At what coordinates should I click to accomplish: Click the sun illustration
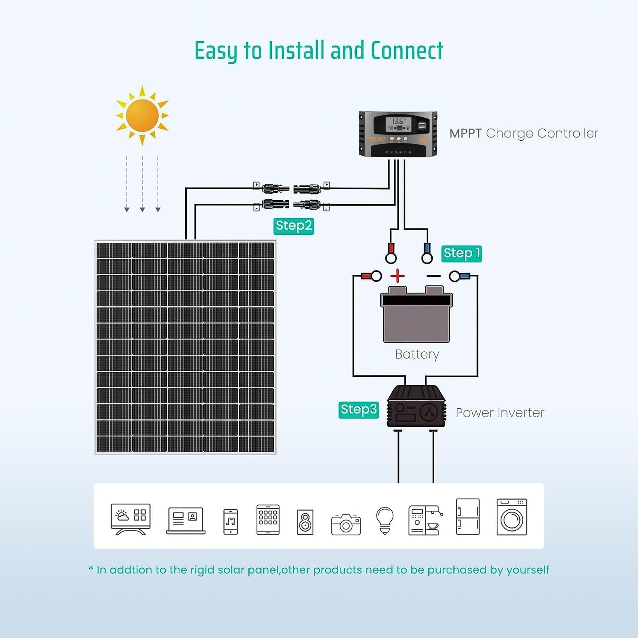(x=142, y=115)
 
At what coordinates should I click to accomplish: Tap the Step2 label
(x=293, y=226)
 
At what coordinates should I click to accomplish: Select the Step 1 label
(x=461, y=253)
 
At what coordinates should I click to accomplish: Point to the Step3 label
(x=359, y=410)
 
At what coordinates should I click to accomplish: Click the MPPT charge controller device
(x=398, y=134)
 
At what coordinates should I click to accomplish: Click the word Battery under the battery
(x=417, y=354)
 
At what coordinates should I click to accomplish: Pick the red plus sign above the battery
(x=398, y=276)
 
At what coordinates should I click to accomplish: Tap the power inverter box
(x=416, y=407)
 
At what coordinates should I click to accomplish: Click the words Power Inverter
(x=500, y=413)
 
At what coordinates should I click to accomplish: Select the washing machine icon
(x=512, y=517)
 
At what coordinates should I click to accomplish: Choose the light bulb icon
(x=385, y=520)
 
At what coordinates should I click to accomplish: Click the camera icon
(x=346, y=524)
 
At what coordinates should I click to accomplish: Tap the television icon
(x=131, y=519)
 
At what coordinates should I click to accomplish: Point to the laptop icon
(x=185, y=521)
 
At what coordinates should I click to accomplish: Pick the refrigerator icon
(x=467, y=516)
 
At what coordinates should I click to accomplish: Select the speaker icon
(x=305, y=522)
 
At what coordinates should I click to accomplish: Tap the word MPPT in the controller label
(x=465, y=134)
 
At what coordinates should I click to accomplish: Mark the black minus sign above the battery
(x=433, y=276)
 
